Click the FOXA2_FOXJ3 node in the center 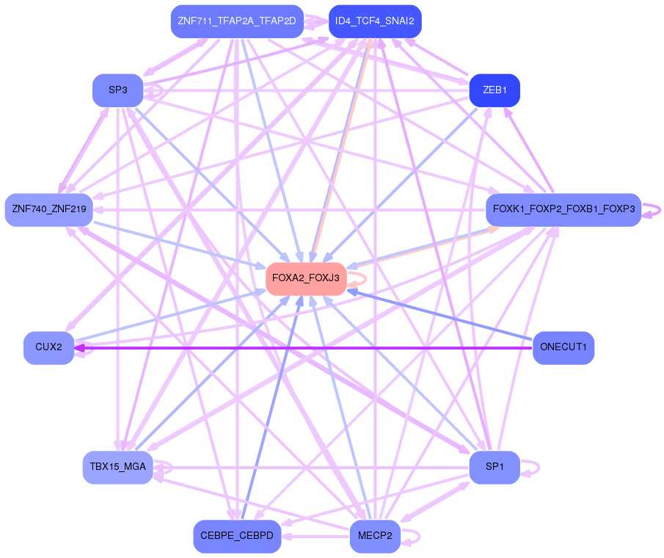tap(305, 279)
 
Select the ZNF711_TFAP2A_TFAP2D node tap(236, 21)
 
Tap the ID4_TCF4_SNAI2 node tap(374, 21)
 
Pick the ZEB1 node tap(494, 90)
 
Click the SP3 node tap(117, 90)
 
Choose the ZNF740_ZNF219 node tap(48, 210)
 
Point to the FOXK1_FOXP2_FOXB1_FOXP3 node tap(563, 210)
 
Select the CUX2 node tap(48, 347)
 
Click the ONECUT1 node tap(563, 347)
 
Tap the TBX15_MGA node tap(117, 467)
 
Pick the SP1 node tap(494, 467)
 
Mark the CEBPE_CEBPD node tap(236, 536)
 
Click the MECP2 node tap(374, 536)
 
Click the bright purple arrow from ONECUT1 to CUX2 tap(308, 347)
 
